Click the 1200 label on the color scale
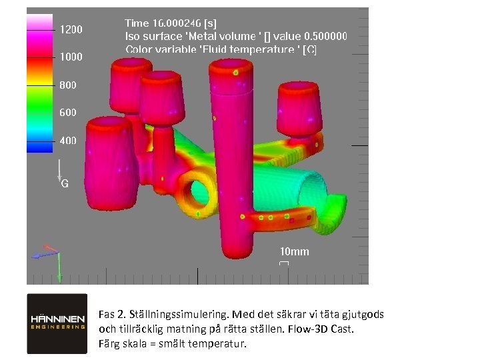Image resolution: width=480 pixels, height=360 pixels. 71,30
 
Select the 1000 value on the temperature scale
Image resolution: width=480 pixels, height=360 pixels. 71,57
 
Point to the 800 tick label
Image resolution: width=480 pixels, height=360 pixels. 68,85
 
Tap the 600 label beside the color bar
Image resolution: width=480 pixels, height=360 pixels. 68,113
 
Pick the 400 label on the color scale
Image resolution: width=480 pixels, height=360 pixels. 68,141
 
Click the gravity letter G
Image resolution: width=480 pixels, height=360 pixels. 65,184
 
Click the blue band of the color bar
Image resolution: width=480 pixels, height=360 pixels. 40,147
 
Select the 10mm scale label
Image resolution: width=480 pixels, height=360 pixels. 295,251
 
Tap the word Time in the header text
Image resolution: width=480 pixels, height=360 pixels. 137,23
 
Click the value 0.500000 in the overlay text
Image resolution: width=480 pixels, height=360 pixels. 326,37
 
